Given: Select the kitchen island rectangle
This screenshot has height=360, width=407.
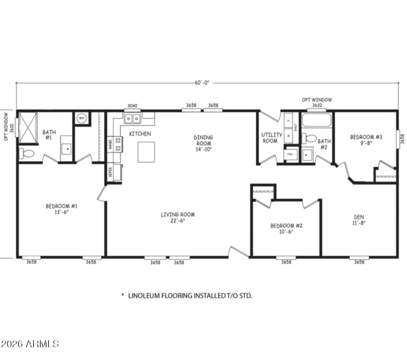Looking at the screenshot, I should tap(146, 152).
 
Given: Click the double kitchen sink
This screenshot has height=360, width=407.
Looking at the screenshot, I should tap(132, 119).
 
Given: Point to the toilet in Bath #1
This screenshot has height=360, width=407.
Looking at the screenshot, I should tap(27, 153).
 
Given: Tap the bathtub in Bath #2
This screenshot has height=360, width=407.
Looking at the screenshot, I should tap(316, 121).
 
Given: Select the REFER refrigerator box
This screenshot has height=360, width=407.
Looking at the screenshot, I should tap(110, 173).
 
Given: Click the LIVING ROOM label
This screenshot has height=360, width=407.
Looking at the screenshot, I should tap(178, 218).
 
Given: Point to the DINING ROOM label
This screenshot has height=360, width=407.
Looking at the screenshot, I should tap(203, 143).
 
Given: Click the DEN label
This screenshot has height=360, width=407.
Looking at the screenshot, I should tap(359, 219).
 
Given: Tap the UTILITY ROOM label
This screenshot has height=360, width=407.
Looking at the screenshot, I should tap(269, 138).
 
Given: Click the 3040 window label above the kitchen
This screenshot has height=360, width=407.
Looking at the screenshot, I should tap(131, 106).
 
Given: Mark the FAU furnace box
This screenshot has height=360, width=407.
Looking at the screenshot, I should tap(289, 153).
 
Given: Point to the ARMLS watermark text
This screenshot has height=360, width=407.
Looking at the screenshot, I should tap(30, 344).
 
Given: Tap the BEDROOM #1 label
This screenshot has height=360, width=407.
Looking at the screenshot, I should tap(61, 209).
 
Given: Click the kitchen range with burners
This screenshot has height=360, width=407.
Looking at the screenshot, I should tap(118, 144).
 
